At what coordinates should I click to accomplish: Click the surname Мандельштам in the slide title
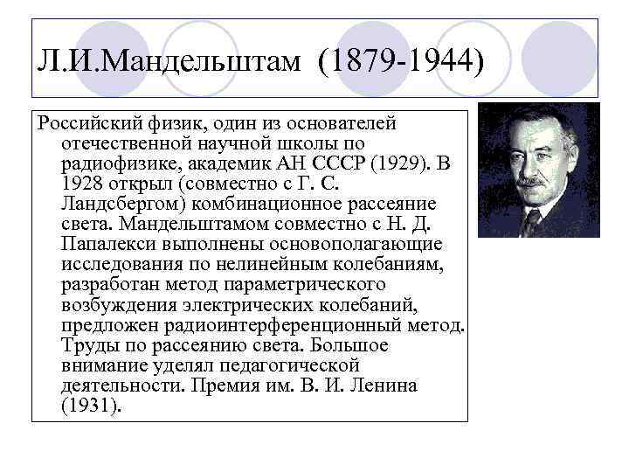[187, 63]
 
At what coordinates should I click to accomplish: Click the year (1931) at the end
[89, 406]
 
